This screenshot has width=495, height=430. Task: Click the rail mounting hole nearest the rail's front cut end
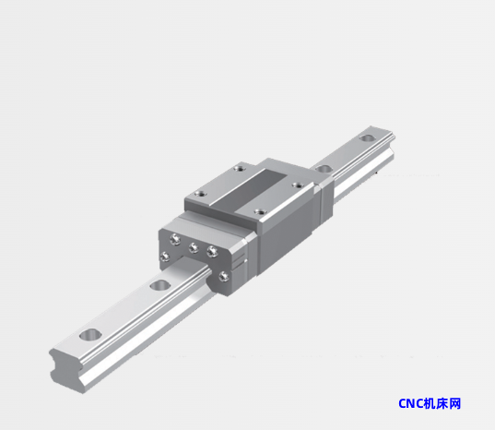[x=90, y=335]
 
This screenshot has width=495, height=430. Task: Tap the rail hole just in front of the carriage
[x=160, y=286]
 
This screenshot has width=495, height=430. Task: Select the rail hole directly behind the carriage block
[x=324, y=169]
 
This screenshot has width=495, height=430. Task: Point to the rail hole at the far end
[x=367, y=138]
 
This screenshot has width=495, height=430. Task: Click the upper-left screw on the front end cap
[x=175, y=239]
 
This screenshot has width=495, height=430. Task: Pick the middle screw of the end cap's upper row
[x=194, y=247]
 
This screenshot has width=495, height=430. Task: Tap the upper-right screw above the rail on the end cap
[x=212, y=252]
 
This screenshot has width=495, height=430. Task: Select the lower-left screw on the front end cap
[x=165, y=257]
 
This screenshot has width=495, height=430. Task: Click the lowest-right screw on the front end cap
[x=224, y=277]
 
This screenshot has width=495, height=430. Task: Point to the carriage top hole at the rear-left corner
[x=241, y=168]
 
